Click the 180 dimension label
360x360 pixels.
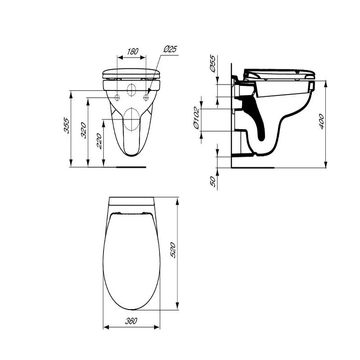click(133, 51)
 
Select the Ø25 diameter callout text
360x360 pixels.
click(171, 49)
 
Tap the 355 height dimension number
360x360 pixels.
click(66, 126)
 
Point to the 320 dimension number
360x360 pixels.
click(84, 130)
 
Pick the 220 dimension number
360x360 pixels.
click(99, 141)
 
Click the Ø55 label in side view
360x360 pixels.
click(212, 63)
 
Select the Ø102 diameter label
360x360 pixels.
click(196, 118)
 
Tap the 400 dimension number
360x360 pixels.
click(321, 121)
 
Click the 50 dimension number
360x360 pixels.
click(213, 181)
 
